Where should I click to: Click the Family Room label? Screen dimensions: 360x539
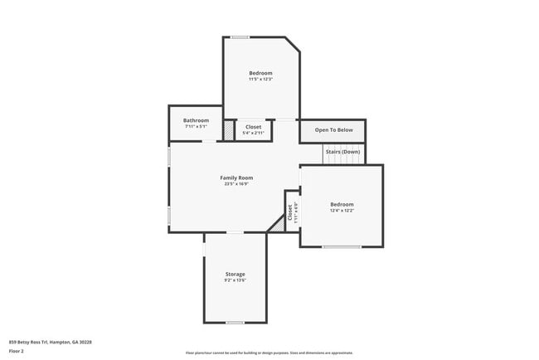[236, 178]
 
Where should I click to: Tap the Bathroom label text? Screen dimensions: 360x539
[197, 120]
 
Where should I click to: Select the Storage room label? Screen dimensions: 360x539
[236, 274]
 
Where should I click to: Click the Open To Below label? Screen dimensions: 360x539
[333, 129]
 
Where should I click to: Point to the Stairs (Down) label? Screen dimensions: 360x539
[342, 152]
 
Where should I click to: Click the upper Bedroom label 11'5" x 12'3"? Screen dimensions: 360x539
[261, 73]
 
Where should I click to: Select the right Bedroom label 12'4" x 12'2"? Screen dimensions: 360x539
[342, 204]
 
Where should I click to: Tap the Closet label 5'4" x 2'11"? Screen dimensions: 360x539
[254, 127]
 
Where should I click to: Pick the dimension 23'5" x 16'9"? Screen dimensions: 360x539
[236, 184]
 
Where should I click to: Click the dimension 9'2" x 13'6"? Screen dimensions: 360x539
[236, 280]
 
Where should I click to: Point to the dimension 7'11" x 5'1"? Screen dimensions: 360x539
[197, 127]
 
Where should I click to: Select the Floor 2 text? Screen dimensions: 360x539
[17, 351]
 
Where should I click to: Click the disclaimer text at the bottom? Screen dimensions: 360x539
[269, 353]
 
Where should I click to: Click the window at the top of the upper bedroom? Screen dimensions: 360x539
[240, 36]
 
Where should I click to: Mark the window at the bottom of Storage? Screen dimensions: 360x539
[236, 322]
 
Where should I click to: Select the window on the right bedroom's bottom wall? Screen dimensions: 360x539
[342, 246]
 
